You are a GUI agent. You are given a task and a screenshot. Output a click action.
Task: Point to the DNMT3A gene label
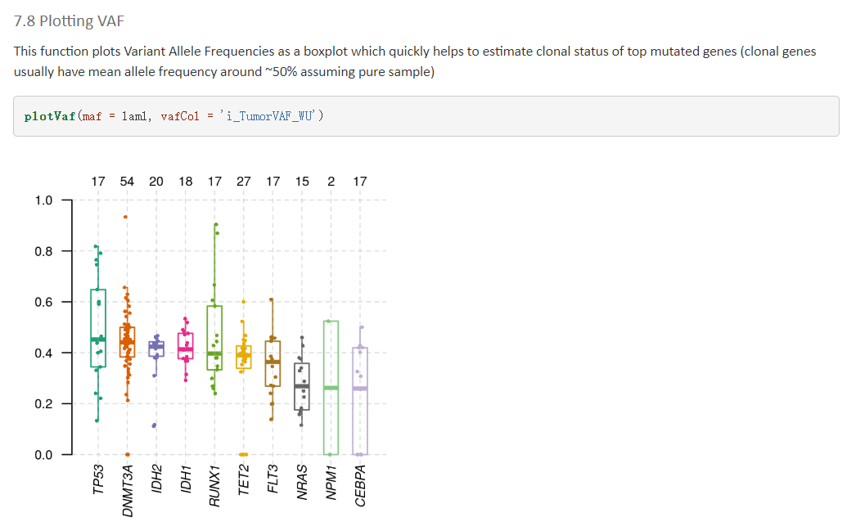point(128,489)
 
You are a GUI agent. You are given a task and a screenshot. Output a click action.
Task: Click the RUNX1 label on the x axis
point(214,483)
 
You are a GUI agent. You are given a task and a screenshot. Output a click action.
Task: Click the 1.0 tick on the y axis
point(43,200)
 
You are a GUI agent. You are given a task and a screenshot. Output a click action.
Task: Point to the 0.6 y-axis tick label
point(43,302)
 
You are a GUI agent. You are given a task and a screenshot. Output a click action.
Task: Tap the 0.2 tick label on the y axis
point(43,403)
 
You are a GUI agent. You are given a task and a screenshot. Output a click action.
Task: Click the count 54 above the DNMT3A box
point(127,181)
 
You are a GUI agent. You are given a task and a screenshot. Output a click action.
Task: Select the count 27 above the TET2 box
point(243,181)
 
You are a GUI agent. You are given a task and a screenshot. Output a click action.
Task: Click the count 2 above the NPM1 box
point(331,181)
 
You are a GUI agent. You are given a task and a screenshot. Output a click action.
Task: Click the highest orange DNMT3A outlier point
point(126,217)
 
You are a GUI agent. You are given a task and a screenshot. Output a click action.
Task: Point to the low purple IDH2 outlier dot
point(155,425)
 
